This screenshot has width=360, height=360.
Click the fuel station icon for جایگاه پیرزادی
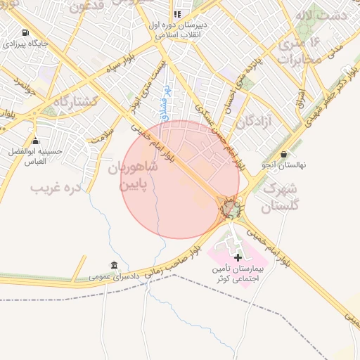(26, 33)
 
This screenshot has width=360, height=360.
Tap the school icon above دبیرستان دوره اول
(177, 13)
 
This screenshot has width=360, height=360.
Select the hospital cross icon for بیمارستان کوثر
(238, 257)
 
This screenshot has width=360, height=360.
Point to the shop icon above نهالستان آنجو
(283, 154)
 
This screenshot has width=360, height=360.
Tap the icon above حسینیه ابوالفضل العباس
(35, 141)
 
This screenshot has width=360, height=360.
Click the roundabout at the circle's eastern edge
(231, 208)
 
